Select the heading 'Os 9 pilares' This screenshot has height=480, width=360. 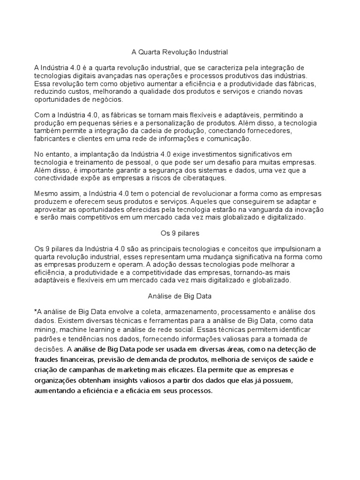click(180, 232)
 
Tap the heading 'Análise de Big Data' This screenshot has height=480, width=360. click(180, 296)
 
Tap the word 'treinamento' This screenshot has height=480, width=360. click(96, 162)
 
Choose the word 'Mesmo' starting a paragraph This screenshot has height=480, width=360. click(45, 194)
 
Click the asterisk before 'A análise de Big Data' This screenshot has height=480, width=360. click(36, 311)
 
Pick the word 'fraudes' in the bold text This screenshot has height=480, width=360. click(47, 359)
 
